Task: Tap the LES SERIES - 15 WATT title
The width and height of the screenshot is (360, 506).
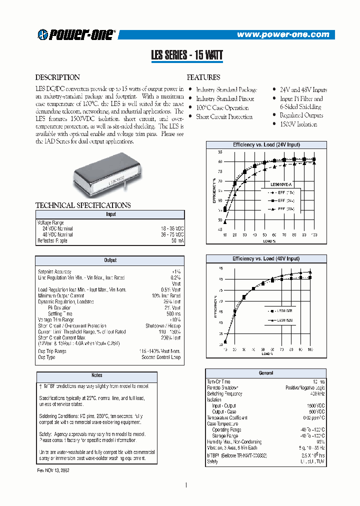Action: (x=186, y=56)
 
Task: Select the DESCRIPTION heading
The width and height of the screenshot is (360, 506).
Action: (x=57, y=77)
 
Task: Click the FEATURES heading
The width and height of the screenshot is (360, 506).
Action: (x=203, y=77)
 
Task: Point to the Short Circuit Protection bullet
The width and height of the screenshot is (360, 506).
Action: (x=224, y=117)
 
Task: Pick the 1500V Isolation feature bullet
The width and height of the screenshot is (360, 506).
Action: (x=298, y=124)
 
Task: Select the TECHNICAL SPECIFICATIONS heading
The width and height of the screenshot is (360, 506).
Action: (x=83, y=205)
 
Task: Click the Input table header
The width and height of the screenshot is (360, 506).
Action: (x=110, y=214)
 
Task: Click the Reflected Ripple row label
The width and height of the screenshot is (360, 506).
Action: (x=52, y=240)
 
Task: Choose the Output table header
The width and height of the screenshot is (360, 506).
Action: (x=110, y=260)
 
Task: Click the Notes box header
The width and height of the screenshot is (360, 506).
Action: (x=97, y=375)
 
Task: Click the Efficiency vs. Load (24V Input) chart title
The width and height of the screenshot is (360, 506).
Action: (x=266, y=144)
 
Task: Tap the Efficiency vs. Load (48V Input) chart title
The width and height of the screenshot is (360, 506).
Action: (x=266, y=258)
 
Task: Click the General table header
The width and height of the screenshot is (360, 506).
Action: (x=266, y=373)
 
